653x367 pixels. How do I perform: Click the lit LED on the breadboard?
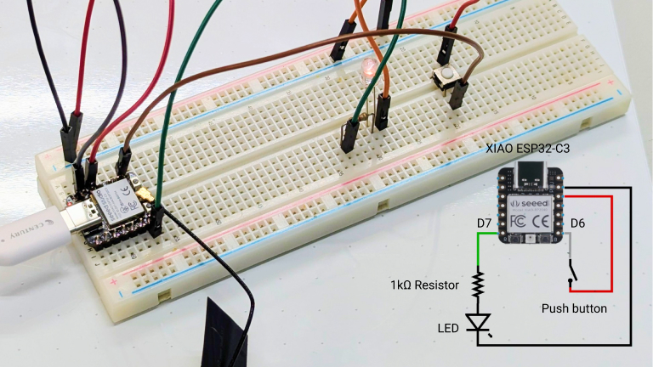click(x=367, y=68)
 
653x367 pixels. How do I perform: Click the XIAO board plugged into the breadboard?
click(x=113, y=210)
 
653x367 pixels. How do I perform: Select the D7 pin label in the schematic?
click(x=485, y=223)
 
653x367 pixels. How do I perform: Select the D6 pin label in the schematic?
click(x=577, y=223)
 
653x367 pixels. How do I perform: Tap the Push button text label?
click(x=574, y=308)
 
